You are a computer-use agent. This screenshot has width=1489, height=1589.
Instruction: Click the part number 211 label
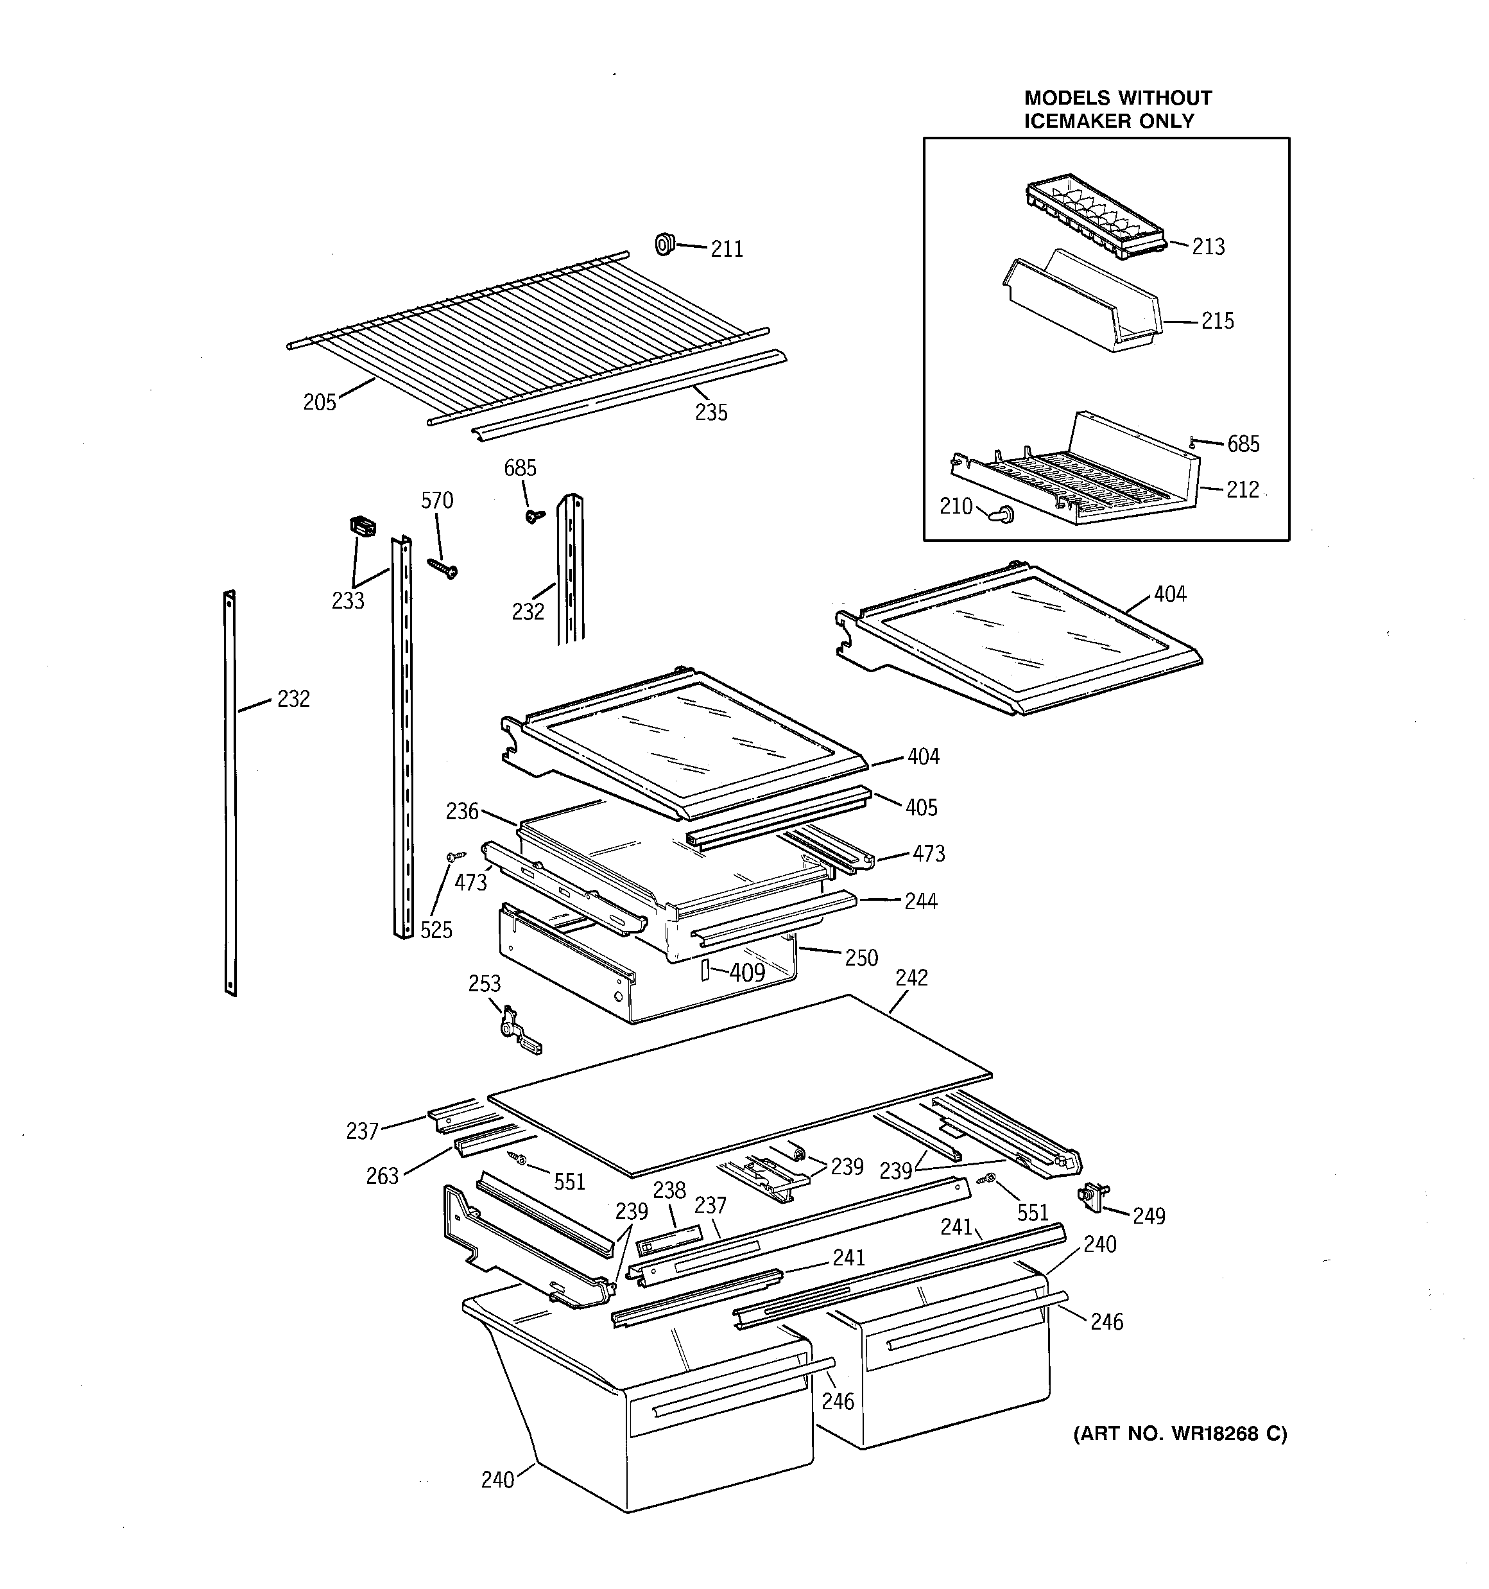727,249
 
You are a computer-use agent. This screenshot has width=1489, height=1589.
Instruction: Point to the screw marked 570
442,568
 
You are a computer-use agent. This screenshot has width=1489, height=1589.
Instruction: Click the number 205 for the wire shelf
320,402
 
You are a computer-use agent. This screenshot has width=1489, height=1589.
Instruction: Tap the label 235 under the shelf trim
710,412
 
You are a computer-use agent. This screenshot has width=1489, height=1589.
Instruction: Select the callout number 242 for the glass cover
911,978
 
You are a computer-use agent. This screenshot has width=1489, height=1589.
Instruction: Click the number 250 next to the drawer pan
861,957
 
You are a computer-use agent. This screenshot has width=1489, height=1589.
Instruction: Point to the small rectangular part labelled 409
705,970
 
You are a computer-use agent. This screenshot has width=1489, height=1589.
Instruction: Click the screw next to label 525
456,856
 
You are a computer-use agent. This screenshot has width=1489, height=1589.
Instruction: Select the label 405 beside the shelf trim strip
921,807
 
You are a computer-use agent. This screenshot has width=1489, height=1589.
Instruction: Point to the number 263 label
382,1176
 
